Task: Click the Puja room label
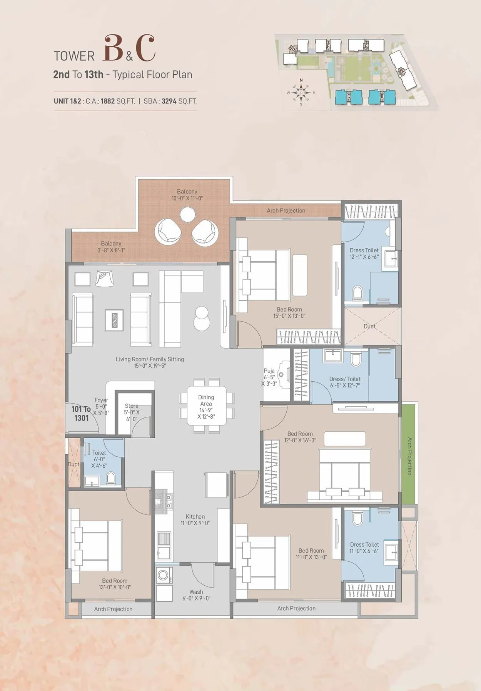click(269, 377)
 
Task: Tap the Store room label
click(132, 412)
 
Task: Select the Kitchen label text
click(195, 519)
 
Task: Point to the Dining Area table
click(206, 406)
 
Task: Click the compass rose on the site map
click(301, 92)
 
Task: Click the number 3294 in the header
click(169, 101)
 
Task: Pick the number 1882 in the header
click(108, 101)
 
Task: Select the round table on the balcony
click(187, 214)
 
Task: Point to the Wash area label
click(196, 595)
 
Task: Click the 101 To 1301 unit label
click(81, 414)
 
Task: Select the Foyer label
click(101, 406)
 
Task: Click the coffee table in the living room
click(114, 320)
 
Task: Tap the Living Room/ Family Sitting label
click(150, 362)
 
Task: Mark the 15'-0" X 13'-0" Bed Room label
click(289, 312)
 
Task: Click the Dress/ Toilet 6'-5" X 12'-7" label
click(345, 382)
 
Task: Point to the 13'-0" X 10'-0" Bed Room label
click(115, 584)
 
